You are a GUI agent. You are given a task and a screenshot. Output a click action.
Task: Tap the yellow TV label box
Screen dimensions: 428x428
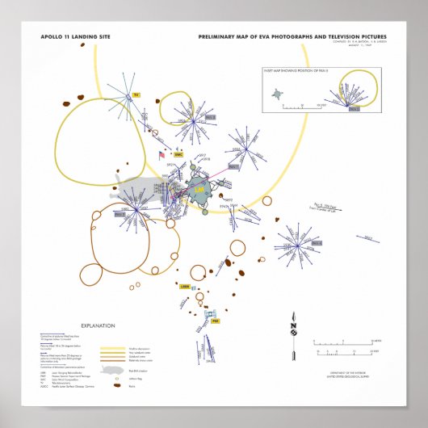point(136,94)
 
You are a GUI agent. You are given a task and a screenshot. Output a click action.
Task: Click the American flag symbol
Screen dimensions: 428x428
point(162,155)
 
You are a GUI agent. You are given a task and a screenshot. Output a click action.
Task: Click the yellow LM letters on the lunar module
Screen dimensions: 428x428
point(201,189)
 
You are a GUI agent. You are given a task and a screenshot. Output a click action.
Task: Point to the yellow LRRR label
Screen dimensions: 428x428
point(184,286)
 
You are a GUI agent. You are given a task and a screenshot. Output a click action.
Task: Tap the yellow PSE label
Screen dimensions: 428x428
point(215,321)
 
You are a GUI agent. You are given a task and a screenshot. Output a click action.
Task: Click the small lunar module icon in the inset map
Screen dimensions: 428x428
point(278,94)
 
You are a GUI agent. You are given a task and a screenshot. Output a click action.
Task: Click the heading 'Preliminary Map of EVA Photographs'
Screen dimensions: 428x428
point(292,37)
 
